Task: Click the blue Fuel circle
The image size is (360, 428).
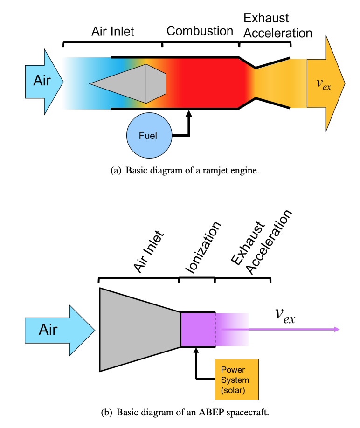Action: click(148, 136)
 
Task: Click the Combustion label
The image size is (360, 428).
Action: click(200, 31)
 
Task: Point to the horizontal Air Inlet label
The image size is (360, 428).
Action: click(112, 31)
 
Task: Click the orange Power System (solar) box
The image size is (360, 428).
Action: click(235, 380)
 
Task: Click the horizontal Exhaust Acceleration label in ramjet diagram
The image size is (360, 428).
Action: click(277, 26)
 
